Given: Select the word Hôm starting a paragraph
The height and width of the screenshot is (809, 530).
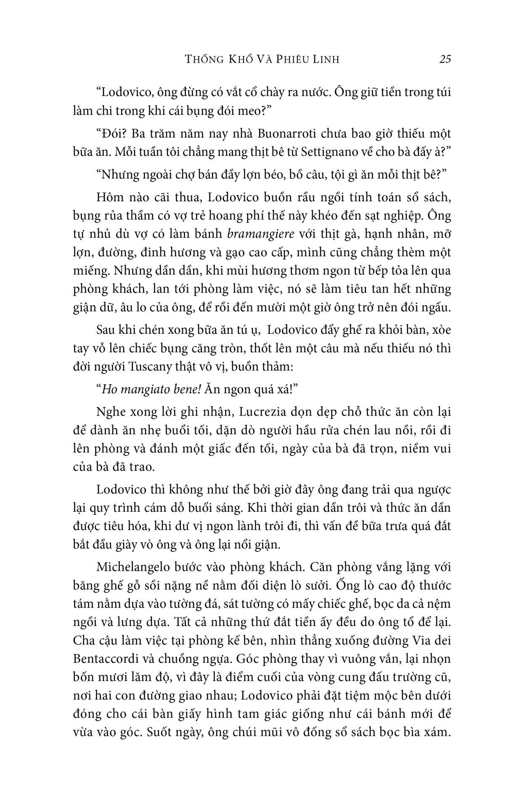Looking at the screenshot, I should click(x=109, y=197).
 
